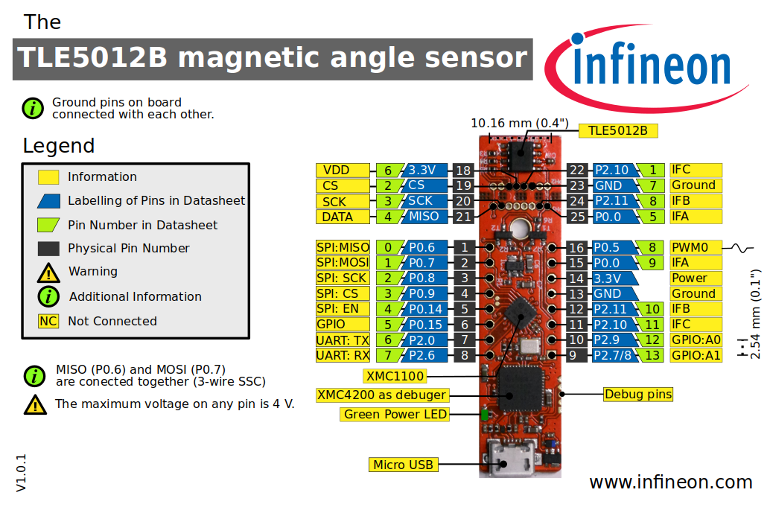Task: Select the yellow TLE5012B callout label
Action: [x=617, y=131]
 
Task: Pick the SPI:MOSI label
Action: [x=343, y=263]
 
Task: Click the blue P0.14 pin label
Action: [x=426, y=309]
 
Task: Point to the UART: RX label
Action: [x=343, y=355]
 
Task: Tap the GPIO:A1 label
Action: [x=696, y=355]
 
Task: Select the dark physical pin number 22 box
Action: [x=577, y=170]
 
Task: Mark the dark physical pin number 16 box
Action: [x=577, y=247]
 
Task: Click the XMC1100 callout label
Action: [x=395, y=375]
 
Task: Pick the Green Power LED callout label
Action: [x=395, y=414]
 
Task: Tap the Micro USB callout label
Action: [x=403, y=465]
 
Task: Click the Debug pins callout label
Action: [x=637, y=394]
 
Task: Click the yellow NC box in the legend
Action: [x=48, y=321]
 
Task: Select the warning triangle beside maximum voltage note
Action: [x=34, y=404]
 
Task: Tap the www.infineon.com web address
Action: [x=670, y=482]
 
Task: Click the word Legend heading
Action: [x=59, y=145]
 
